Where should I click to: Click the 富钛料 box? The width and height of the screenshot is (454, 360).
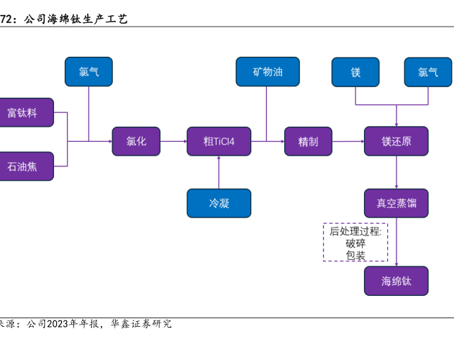(x=24, y=112)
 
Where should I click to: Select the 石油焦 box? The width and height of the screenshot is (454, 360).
(x=24, y=166)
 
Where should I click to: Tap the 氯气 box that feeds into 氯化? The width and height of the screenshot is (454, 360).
(x=88, y=72)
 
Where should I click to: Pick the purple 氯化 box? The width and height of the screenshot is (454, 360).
(x=136, y=141)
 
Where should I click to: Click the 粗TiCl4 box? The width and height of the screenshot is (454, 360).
(x=218, y=141)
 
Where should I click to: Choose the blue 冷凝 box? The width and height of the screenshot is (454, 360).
(x=219, y=203)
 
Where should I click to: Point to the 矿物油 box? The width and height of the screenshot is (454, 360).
(x=267, y=72)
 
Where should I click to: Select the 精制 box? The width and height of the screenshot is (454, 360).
(x=308, y=141)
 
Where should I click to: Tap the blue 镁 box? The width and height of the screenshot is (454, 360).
(x=355, y=72)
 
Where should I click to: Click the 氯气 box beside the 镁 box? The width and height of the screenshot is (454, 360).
(x=428, y=72)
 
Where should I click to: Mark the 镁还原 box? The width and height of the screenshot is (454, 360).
(x=396, y=141)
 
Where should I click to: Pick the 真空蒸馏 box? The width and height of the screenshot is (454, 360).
(x=396, y=203)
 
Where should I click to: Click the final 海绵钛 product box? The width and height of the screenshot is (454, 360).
(x=396, y=281)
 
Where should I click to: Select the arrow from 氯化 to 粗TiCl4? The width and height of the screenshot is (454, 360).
(x=173, y=141)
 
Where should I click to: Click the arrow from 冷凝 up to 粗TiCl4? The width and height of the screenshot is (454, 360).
(x=219, y=172)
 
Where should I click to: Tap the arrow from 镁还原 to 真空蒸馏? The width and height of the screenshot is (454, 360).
(x=396, y=172)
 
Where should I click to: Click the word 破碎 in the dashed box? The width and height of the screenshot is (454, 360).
(x=355, y=243)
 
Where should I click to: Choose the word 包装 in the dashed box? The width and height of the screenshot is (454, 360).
(x=355, y=255)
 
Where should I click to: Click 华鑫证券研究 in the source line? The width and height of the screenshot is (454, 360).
(x=141, y=324)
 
